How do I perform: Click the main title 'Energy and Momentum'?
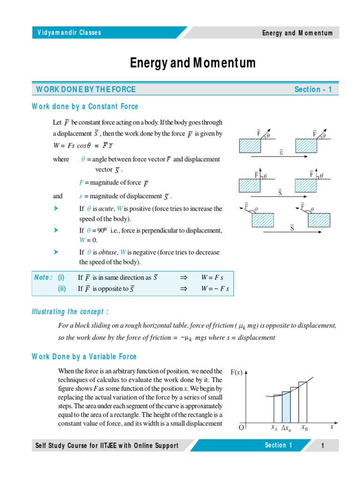pos(193,63)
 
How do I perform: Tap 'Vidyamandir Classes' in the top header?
pos(69,33)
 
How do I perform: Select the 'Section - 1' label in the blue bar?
pos(313,90)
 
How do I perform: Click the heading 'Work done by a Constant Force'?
pos(85,106)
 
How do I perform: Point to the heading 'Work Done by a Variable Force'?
pos(84,357)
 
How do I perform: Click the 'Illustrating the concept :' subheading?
pos(70,312)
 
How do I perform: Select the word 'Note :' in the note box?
pos(44,277)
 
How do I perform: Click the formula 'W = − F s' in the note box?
pos(215,289)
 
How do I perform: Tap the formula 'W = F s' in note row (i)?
pos(212,277)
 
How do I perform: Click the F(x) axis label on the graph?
pos(237,372)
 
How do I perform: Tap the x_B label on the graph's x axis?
pos(305,427)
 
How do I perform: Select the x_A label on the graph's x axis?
pos(274,427)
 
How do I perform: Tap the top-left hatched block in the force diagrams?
pos(250,146)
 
